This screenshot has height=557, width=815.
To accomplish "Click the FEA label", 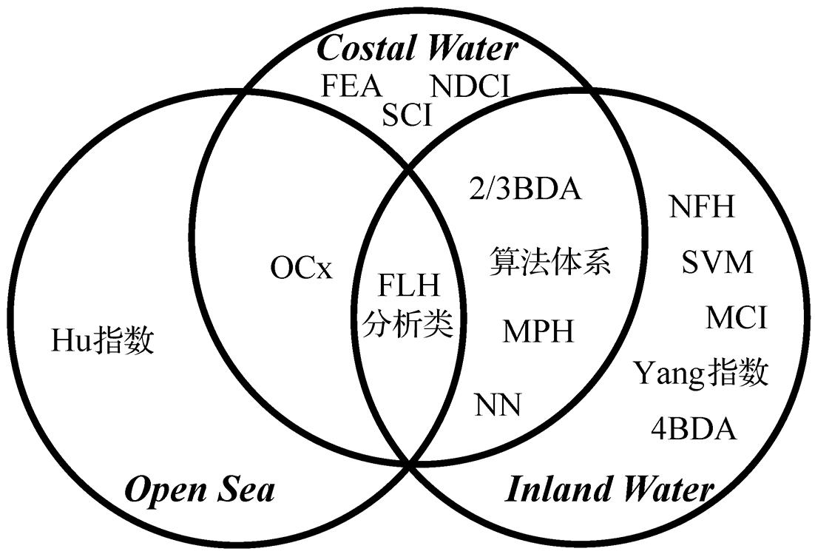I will tap(351, 86).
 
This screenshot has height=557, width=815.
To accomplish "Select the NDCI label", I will tap(470, 87).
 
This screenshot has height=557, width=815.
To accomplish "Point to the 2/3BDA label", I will tap(526, 189).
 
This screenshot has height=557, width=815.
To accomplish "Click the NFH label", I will tap(702, 207).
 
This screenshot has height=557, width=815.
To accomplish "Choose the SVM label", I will tap(716, 263).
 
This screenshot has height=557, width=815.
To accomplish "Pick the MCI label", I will tap(736, 318).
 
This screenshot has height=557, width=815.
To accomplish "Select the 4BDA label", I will tap(694, 428).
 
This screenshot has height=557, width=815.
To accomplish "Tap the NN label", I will tap(498, 405).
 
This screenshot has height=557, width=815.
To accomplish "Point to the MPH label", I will tap(538, 331).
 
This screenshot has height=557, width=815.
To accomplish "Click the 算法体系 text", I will tap(551, 263).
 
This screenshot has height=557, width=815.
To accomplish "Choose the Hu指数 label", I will tap(103, 341).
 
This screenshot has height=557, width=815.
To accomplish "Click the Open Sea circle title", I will tap(200, 490).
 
